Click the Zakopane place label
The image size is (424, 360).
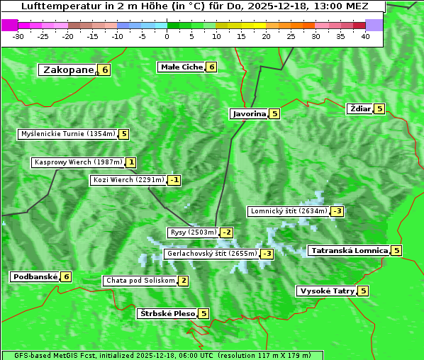coord(68,69)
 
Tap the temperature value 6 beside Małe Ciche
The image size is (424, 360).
coord(211,67)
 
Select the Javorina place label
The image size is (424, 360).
coord(249,113)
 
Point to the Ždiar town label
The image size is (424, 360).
coord(359,108)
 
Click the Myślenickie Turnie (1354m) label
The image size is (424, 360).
coord(68,134)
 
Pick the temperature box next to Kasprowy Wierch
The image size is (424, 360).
coord(131,162)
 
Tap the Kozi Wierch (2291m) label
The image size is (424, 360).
coord(128,180)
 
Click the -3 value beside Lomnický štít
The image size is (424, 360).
coord(337,211)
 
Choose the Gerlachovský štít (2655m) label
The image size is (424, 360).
coord(211,254)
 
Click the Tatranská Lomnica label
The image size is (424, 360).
coord(349,250)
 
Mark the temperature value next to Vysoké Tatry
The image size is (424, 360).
coord(363,291)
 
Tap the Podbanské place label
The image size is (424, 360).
coord(34,276)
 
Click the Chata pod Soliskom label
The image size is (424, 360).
coord(139,281)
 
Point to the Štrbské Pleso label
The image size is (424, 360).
coord(167,313)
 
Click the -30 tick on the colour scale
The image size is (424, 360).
coord(19,35)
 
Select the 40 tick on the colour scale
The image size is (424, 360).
coord(365,35)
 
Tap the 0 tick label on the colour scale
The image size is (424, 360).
coord(167,35)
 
